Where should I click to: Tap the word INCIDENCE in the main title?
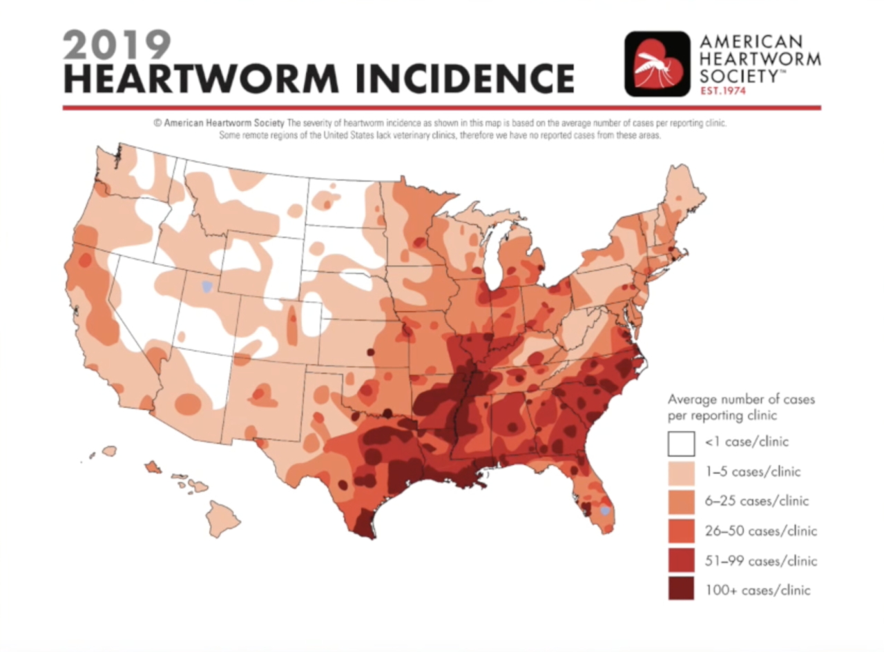point(459,78)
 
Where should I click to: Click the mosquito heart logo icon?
point(657,63)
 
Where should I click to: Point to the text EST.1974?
point(722,91)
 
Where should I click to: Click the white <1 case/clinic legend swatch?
point(680,443)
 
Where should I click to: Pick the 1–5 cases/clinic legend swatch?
point(680,473)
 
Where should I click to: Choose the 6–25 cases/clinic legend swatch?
point(680,502)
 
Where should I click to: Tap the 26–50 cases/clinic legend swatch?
point(680,531)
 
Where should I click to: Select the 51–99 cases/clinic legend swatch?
point(680,561)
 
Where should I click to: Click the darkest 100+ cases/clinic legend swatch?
point(680,590)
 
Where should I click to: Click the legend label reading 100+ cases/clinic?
point(757,590)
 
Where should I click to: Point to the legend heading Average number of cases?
point(741,399)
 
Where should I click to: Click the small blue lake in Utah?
point(206,286)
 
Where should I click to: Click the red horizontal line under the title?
point(442,108)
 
